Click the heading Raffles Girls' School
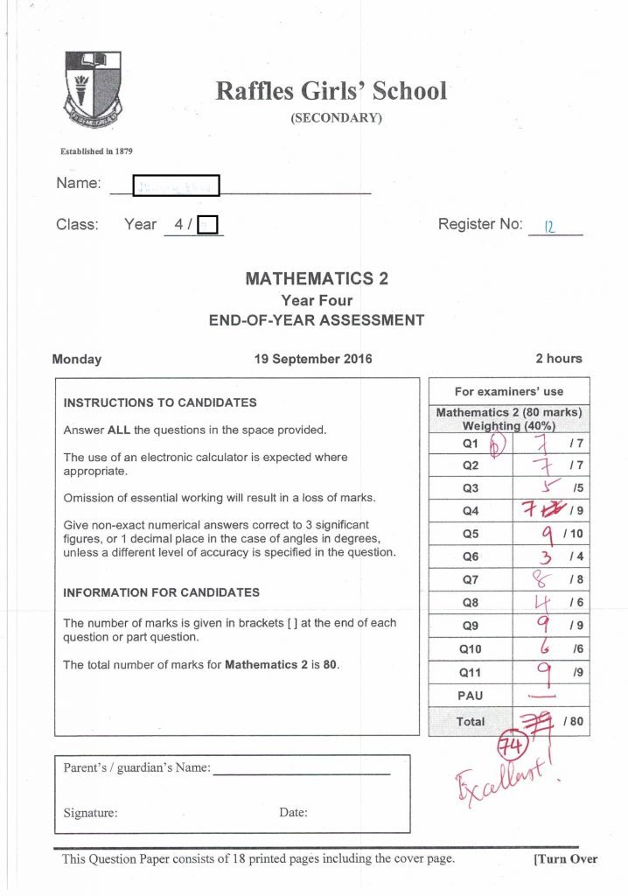[331, 90]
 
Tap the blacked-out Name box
[175, 185]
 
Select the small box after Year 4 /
[207, 226]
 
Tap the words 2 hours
[558, 359]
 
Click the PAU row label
[470, 695]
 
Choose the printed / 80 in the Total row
[573, 721]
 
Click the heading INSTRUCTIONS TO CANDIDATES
[160, 403]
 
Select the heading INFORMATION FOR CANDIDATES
[161, 592]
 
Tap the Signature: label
[90, 813]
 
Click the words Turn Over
[565, 859]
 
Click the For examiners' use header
[509, 391]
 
